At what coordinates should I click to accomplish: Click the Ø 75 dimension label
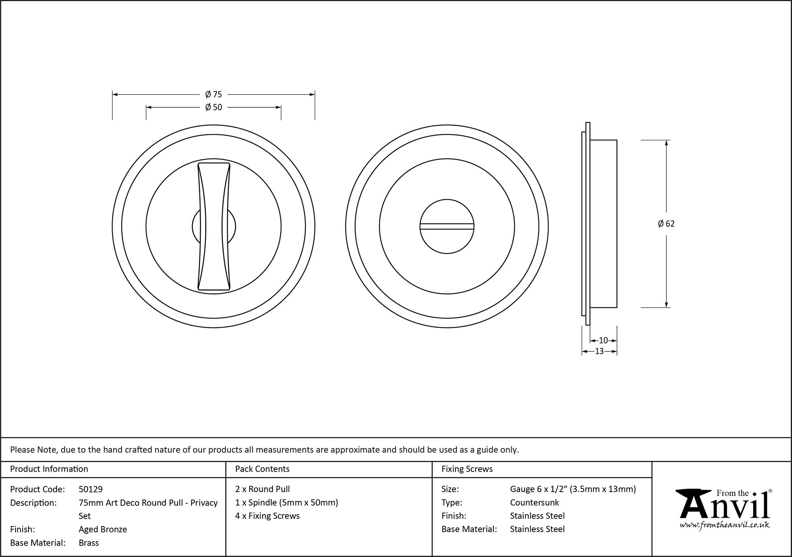tap(213, 94)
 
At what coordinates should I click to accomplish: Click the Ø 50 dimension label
tap(213, 107)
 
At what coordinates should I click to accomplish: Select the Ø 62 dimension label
tap(666, 224)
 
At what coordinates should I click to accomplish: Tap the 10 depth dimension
tap(603, 340)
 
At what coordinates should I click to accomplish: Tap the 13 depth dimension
tap(599, 351)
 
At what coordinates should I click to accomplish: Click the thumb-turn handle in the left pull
tap(214, 227)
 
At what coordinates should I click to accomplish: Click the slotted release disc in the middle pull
tap(447, 227)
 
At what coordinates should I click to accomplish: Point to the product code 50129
tap(91, 489)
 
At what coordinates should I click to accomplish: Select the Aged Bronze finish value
tap(103, 529)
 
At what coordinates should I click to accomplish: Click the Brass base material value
tap(89, 543)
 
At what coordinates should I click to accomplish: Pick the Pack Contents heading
tap(262, 469)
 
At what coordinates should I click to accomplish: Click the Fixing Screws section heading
tap(467, 469)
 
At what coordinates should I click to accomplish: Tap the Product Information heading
tap(49, 469)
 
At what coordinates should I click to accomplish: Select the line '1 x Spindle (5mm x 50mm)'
tap(286, 503)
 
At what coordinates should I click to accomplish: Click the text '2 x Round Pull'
tap(263, 489)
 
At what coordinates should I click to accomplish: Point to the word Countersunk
tap(534, 503)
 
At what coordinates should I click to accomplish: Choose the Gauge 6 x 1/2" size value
tap(573, 489)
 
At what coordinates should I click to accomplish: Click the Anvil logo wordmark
tap(724, 507)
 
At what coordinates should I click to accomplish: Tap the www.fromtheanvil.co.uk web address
tap(725, 525)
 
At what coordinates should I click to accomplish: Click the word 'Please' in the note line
tap(22, 450)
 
